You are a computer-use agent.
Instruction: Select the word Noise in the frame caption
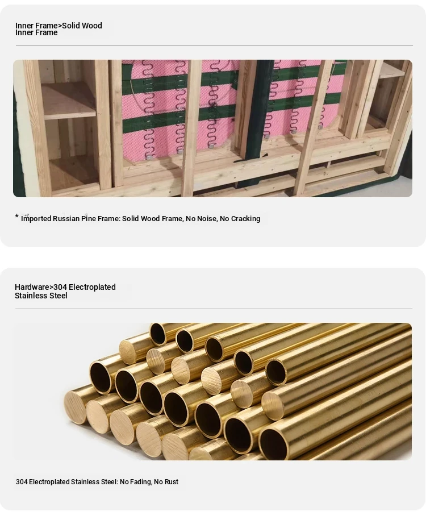pyautogui.click(x=207, y=218)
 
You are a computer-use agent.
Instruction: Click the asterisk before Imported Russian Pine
pyautogui.click(x=17, y=216)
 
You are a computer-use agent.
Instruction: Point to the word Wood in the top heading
pyautogui.click(x=92, y=26)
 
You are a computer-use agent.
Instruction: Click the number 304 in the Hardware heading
pyautogui.click(x=60, y=287)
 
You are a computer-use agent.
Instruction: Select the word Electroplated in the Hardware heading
pyautogui.click(x=92, y=287)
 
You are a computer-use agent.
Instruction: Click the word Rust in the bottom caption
pyautogui.click(x=172, y=482)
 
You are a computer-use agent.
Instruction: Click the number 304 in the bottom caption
pyautogui.click(x=22, y=482)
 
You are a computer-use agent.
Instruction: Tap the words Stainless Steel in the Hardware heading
pyautogui.click(x=41, y=296)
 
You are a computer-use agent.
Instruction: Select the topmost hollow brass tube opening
pyautogui.click(x=158, y=334)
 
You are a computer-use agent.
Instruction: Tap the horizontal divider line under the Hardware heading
pyautogui.click(x=214, y=309)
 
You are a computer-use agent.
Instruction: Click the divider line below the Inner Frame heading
pyautogui.click(x=214, y=45)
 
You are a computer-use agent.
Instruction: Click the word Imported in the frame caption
pyautogui.click(x=36, y=219)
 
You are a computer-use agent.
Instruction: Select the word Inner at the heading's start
pyautogui.click(x=24, y=26)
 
